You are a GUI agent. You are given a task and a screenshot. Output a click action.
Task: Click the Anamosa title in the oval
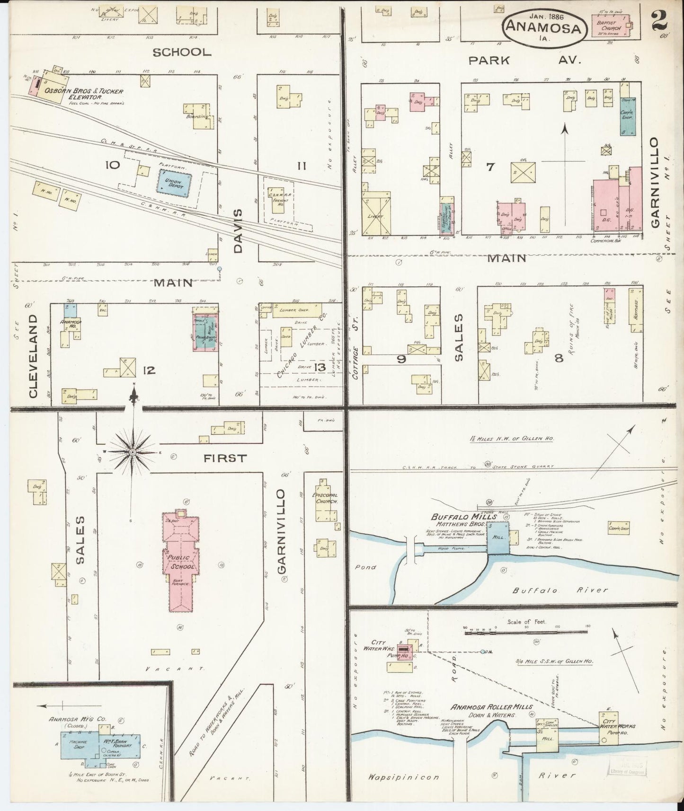(543, 27)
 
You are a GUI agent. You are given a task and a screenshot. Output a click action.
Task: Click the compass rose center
(133, 452)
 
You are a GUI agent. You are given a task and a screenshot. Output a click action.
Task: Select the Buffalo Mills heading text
(464, 517)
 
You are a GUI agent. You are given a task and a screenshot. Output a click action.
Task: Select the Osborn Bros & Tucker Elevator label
(83, 94)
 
